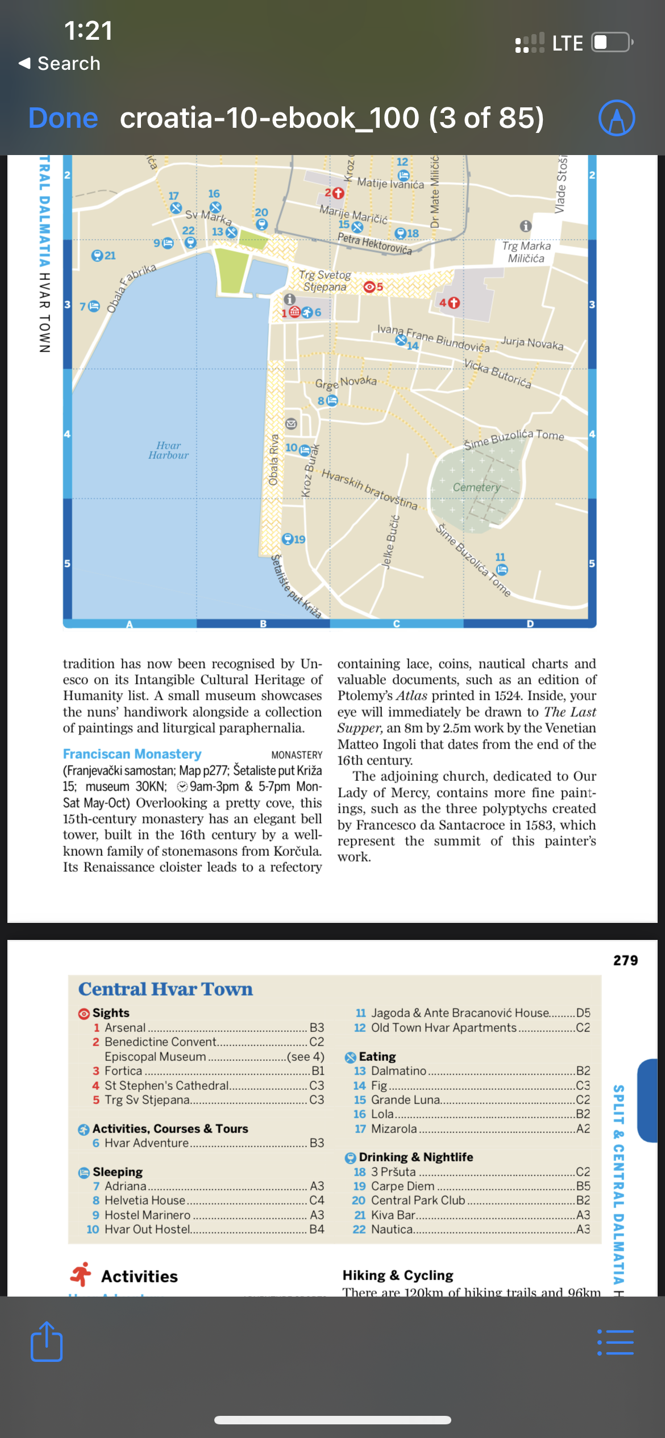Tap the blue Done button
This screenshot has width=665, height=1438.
(x=63, y=118)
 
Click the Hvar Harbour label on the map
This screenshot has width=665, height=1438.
(x=168, y=450)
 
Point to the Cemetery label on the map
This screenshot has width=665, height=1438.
(x=476, y=487)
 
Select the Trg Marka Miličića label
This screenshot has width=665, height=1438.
(x=526, y=252)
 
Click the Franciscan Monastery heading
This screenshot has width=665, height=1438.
(x=132, y=754)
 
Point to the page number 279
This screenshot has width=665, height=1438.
(x=625, y=960)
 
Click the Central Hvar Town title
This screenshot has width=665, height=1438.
(x=165, y=989)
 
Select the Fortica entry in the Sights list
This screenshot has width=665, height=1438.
(x=123, y=1071)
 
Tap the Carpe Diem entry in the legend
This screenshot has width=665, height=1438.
(x=402, y=1186)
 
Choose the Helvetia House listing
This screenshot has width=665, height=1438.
(x=145, y=1200)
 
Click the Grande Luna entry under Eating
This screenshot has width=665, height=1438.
(x=405, y=1100)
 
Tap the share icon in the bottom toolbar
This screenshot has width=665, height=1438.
(x=47, y=1341)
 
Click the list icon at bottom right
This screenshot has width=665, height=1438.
(x=616, y=1343)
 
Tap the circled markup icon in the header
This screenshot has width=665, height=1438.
(x=617, y=118)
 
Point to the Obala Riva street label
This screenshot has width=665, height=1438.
(x=274, y=460)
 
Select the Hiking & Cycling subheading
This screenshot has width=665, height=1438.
(x=398, y=1276)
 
